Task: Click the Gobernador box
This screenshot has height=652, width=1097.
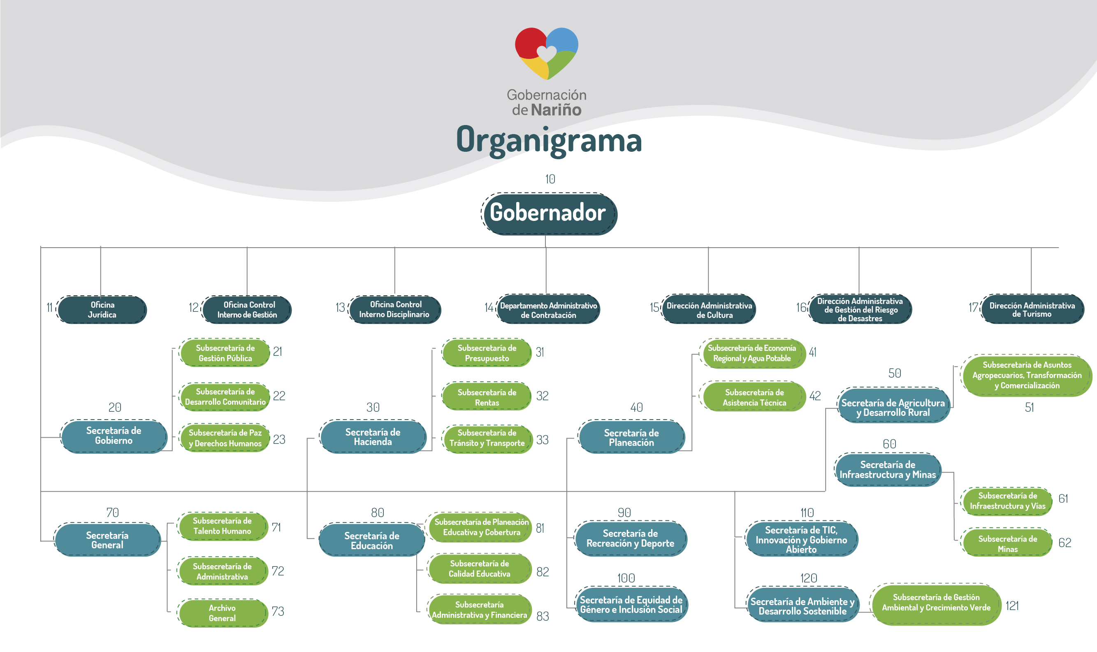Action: pos(549,213)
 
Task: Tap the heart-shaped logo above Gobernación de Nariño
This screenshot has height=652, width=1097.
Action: pos(547,53)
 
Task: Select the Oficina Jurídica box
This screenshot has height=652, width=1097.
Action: pos(102,310)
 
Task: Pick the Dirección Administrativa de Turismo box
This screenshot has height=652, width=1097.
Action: pos(1032,309)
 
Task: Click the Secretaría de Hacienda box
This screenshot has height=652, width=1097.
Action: pos(373,437)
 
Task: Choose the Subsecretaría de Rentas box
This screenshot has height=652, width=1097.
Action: pos(487,397)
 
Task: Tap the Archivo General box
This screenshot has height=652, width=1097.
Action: pos(222,613)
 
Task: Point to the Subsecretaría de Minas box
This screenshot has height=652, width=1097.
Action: pos(1007,543)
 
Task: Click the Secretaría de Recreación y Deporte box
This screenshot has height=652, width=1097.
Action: pos(631,538)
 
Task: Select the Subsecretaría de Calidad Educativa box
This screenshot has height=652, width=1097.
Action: pos(480,568)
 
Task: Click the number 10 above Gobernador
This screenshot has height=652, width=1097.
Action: pos(550,179)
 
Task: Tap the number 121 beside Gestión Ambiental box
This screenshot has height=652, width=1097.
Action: pos(1012,606)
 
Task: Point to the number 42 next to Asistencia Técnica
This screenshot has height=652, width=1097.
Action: pos(815,396)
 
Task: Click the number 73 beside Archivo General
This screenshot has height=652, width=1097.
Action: pos(278,611)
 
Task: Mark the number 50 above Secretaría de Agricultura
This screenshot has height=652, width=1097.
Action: pos(895,373)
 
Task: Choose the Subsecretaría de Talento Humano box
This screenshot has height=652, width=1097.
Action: pos(222,526)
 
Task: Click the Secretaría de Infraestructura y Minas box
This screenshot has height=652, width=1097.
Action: pos(888,470)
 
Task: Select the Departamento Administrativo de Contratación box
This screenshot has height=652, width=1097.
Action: pos(548,310)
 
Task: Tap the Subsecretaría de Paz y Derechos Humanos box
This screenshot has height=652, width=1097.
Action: pos(225,438)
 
